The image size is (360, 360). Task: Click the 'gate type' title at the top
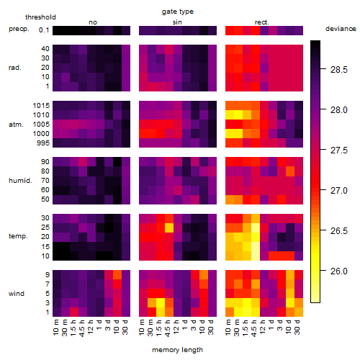178,12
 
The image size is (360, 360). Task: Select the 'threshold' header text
40,17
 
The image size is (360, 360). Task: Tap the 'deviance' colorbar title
341,29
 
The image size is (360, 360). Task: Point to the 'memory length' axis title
178,350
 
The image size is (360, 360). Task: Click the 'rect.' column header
262,22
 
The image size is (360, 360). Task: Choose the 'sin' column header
177,22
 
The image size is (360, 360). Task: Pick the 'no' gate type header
93,22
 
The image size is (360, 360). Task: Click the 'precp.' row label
19,29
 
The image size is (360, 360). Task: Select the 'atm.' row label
16,125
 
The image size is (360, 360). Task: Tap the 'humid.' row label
20,180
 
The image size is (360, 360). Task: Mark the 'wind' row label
17,294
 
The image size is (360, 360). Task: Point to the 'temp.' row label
18,236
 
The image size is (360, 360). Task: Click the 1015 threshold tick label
41,105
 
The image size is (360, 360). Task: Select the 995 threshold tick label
43,143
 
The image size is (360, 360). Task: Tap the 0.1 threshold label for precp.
44,30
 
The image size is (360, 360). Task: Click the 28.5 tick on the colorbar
339,70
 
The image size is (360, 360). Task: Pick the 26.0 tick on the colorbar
339,271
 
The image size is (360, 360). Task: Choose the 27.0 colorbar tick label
339,191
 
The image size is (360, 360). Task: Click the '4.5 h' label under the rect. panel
254,328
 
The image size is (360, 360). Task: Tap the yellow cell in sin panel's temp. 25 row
169,228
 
